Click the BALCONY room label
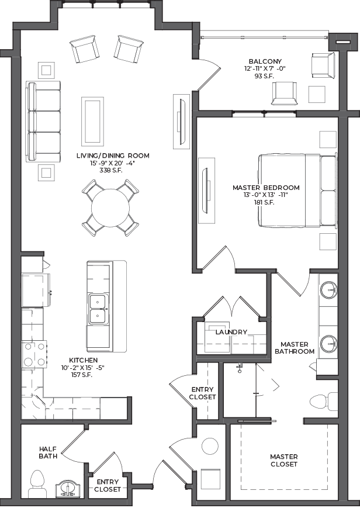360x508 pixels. pos(265,61)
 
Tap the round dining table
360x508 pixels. pos(110,208)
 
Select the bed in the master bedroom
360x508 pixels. pos(298,191)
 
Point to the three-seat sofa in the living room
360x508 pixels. pos(43,122)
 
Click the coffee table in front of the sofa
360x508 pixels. pos(92,122)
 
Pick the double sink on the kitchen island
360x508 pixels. pos(98,309)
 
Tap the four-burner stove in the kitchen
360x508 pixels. pos(34,354)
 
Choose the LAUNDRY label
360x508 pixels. pos(231,332)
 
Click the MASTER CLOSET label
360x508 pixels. pos(284,460)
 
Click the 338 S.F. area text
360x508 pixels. pos(112,171)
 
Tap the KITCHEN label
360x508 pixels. pos(83,360)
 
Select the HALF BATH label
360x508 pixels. pos(48,452)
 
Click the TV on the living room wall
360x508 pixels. pos(181,122)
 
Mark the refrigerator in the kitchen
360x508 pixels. pos(36,289)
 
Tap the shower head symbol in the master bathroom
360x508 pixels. pos(240,367)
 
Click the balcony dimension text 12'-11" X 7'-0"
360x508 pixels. pos(265,68)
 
